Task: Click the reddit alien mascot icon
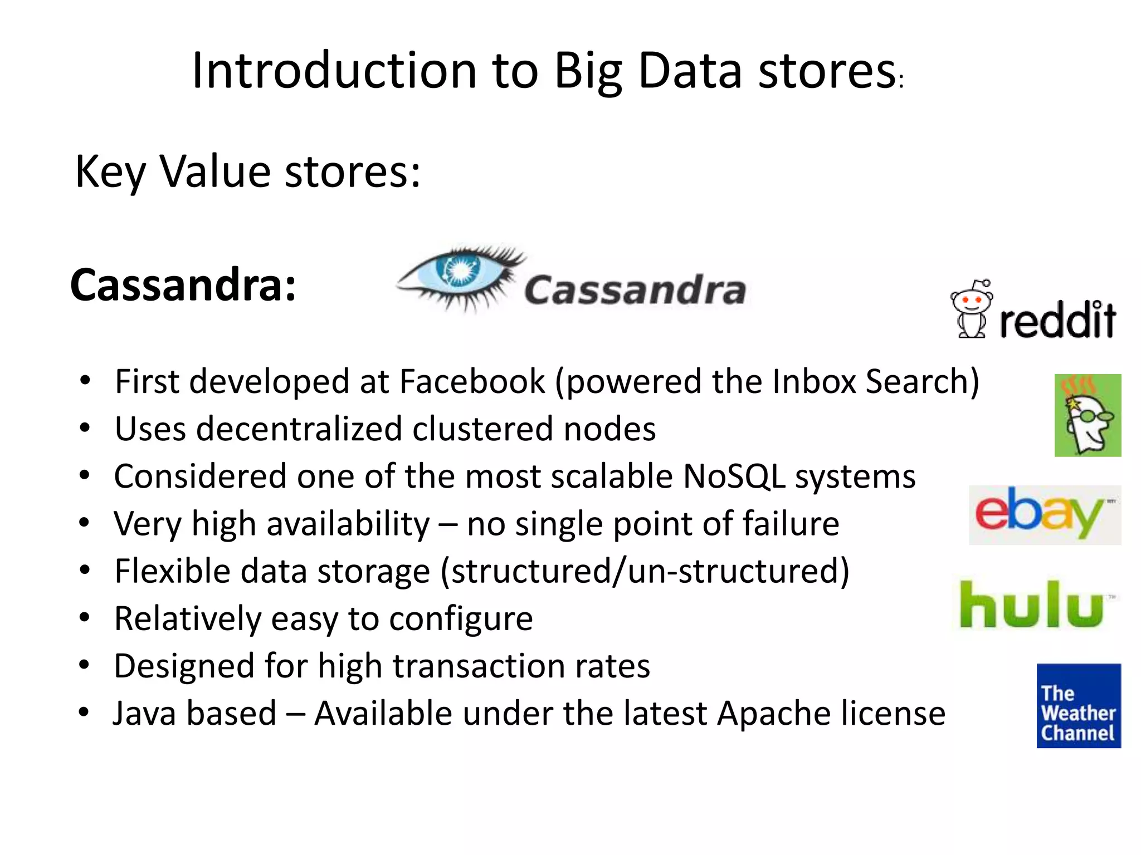coord(972,309)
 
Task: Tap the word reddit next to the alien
coord(1057,320)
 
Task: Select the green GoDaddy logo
coord(1087,415)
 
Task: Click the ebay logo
coord(1044,514)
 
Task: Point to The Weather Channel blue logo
coord(1078,705)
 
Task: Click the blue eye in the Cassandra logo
coord(460,271)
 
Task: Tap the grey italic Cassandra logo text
coord(635,290)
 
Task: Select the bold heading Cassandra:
coord(183,285)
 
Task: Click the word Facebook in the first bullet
coord(472,382)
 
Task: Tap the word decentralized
coord(299,429)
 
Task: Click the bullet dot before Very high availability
coord(85,523)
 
